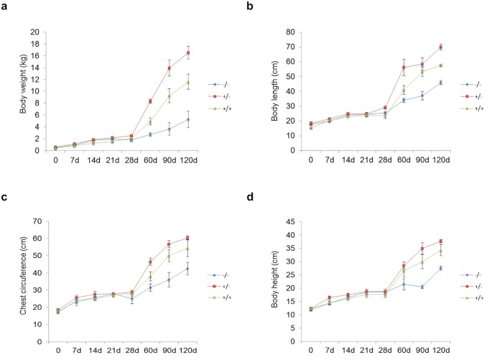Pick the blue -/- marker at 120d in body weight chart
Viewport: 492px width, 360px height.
(187, 119)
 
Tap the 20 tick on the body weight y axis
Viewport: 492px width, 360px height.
(35, 32)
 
